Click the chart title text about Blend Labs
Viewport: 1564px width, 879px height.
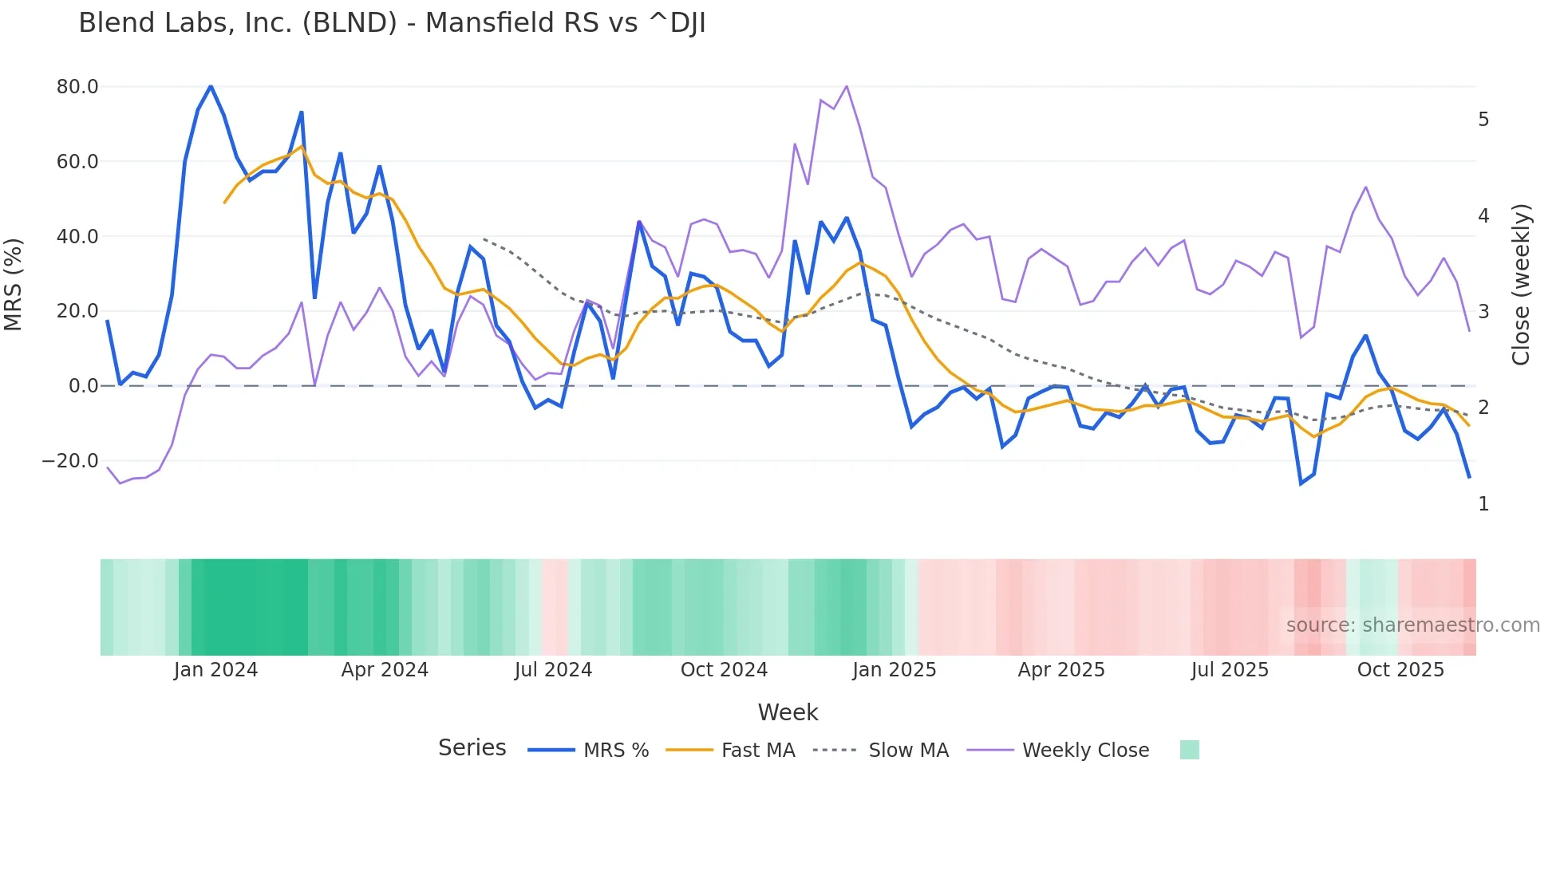tap(392, 23)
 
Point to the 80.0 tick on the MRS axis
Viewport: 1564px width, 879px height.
tap(77, 87)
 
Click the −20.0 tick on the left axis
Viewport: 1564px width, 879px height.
tap(70, 461)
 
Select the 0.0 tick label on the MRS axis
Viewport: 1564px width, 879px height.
tap(83, 386)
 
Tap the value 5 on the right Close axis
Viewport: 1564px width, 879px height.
tap(1483, 120)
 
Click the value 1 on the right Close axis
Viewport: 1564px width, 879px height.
tap(1483, 504)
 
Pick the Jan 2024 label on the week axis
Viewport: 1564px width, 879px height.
tap(215, 670)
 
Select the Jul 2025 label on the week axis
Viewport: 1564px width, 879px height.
tap(1230, 670)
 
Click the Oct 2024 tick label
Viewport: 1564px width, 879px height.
tap(724, 670)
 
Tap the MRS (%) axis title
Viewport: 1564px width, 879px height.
tap(14, 285)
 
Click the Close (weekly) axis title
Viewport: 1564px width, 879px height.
tap(1522, 285)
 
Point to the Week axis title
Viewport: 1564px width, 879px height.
tap(788, 712)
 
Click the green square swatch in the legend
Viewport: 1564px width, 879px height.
tap(1189, 750)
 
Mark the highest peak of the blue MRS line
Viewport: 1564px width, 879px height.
tap(211, 86)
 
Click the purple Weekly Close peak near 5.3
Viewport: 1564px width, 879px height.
tap(847, 86)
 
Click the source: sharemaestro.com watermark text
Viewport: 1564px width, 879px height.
tap(1412, 625)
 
